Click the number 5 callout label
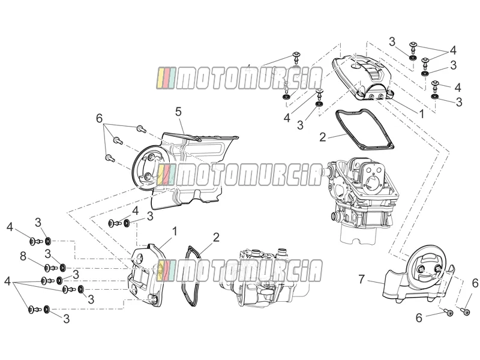coord(179,112)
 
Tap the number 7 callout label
coord(362,279)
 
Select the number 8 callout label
coord(23,256)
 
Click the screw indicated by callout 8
coord(50,268)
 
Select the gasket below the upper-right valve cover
coord(364,130)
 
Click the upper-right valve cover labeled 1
coord(362,77)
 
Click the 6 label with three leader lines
coord(99,118)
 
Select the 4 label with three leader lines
coord(8,281)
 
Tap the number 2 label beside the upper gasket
coord(323,137)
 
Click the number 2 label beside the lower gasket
coord(216,237)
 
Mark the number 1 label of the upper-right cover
coord(422,114)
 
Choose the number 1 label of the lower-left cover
coord(175,231)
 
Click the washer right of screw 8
coord(62,268)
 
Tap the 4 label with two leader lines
coord(453,50)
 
